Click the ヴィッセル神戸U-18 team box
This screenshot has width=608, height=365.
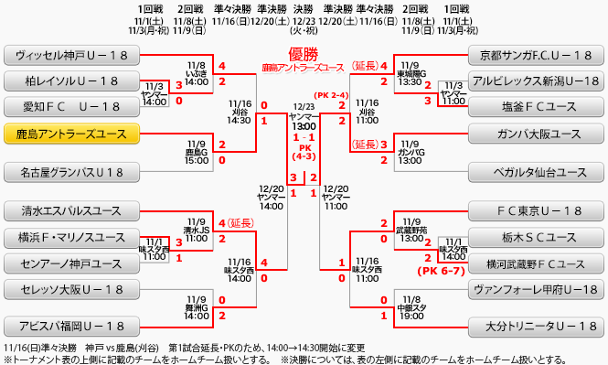[71, 55]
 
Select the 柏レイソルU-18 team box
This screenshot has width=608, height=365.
[71, 81]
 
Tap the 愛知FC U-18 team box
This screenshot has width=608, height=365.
[71, 107]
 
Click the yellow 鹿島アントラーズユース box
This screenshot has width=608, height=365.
[71, 134]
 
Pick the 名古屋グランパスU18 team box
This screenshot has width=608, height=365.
[71, 172]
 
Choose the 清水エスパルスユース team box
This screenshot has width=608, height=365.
[71, 211]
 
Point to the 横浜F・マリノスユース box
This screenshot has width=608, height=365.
[71, 238]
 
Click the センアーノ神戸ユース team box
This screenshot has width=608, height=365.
[71, 263]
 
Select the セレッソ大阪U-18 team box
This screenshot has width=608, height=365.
[71, 290]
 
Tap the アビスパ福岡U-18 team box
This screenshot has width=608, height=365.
[71, 326]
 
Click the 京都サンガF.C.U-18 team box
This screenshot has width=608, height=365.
[536, 55]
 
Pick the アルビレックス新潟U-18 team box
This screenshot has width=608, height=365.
[536, 81]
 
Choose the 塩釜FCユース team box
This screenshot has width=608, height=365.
[536, 107]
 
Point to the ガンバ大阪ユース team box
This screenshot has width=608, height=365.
[536, 134]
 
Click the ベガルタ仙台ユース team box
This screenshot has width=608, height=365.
[536, 172]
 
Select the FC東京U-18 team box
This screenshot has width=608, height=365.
[536, 211]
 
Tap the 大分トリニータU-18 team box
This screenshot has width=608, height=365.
[536, 326]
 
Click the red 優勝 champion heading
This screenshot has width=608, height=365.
[303, 54]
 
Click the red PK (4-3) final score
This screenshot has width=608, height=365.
[304, 151]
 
